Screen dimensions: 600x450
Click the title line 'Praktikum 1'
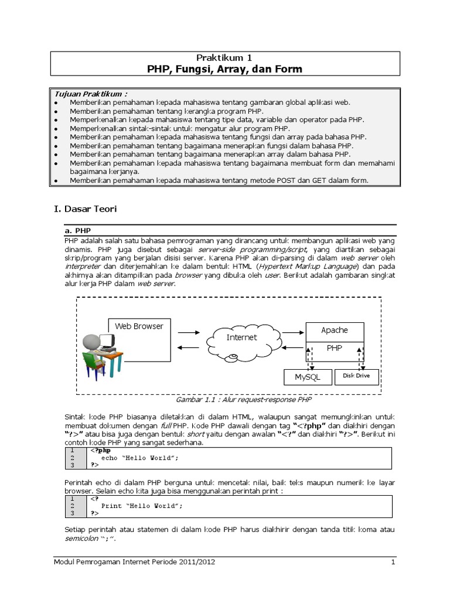(224, 58)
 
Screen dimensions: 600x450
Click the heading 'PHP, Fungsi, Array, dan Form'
(224, 70)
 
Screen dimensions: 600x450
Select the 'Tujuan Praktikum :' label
(91, 94)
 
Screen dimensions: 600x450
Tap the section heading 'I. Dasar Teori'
(86, 208)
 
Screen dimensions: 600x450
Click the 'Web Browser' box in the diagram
(139, 326)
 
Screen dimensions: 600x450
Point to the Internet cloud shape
(242, 337)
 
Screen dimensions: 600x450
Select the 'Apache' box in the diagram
(334, 330)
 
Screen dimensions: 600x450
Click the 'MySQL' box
(307, 377)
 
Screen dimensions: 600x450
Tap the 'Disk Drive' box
(356, 376)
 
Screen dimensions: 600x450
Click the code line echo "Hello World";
(139, 458)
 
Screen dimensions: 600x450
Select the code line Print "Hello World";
(142, 505)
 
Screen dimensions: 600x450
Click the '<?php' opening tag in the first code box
(101, 451)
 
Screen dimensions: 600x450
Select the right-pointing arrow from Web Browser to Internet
(188, 332)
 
